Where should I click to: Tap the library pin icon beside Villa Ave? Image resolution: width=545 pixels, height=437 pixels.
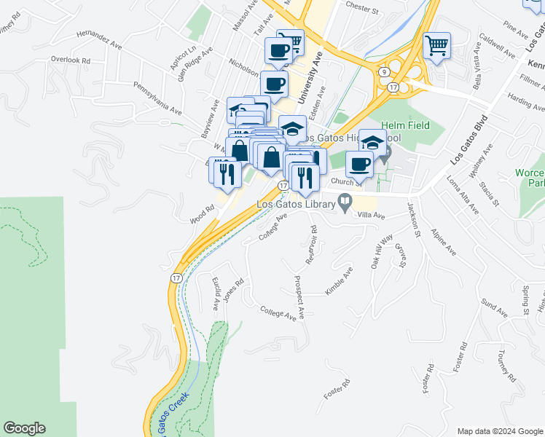tap(347, 202)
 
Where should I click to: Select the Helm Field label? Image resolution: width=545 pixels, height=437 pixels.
tap(405, 125)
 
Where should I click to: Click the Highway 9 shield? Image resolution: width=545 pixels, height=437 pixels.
tap(383, 71)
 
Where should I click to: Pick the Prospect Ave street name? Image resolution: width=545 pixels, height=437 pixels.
tap(298, 297)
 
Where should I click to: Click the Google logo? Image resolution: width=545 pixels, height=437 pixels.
tap(24, 428)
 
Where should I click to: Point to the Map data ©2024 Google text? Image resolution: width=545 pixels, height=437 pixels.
tap(499, 431)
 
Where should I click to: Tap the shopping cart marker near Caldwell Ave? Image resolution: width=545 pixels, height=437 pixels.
tap(436, 46)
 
